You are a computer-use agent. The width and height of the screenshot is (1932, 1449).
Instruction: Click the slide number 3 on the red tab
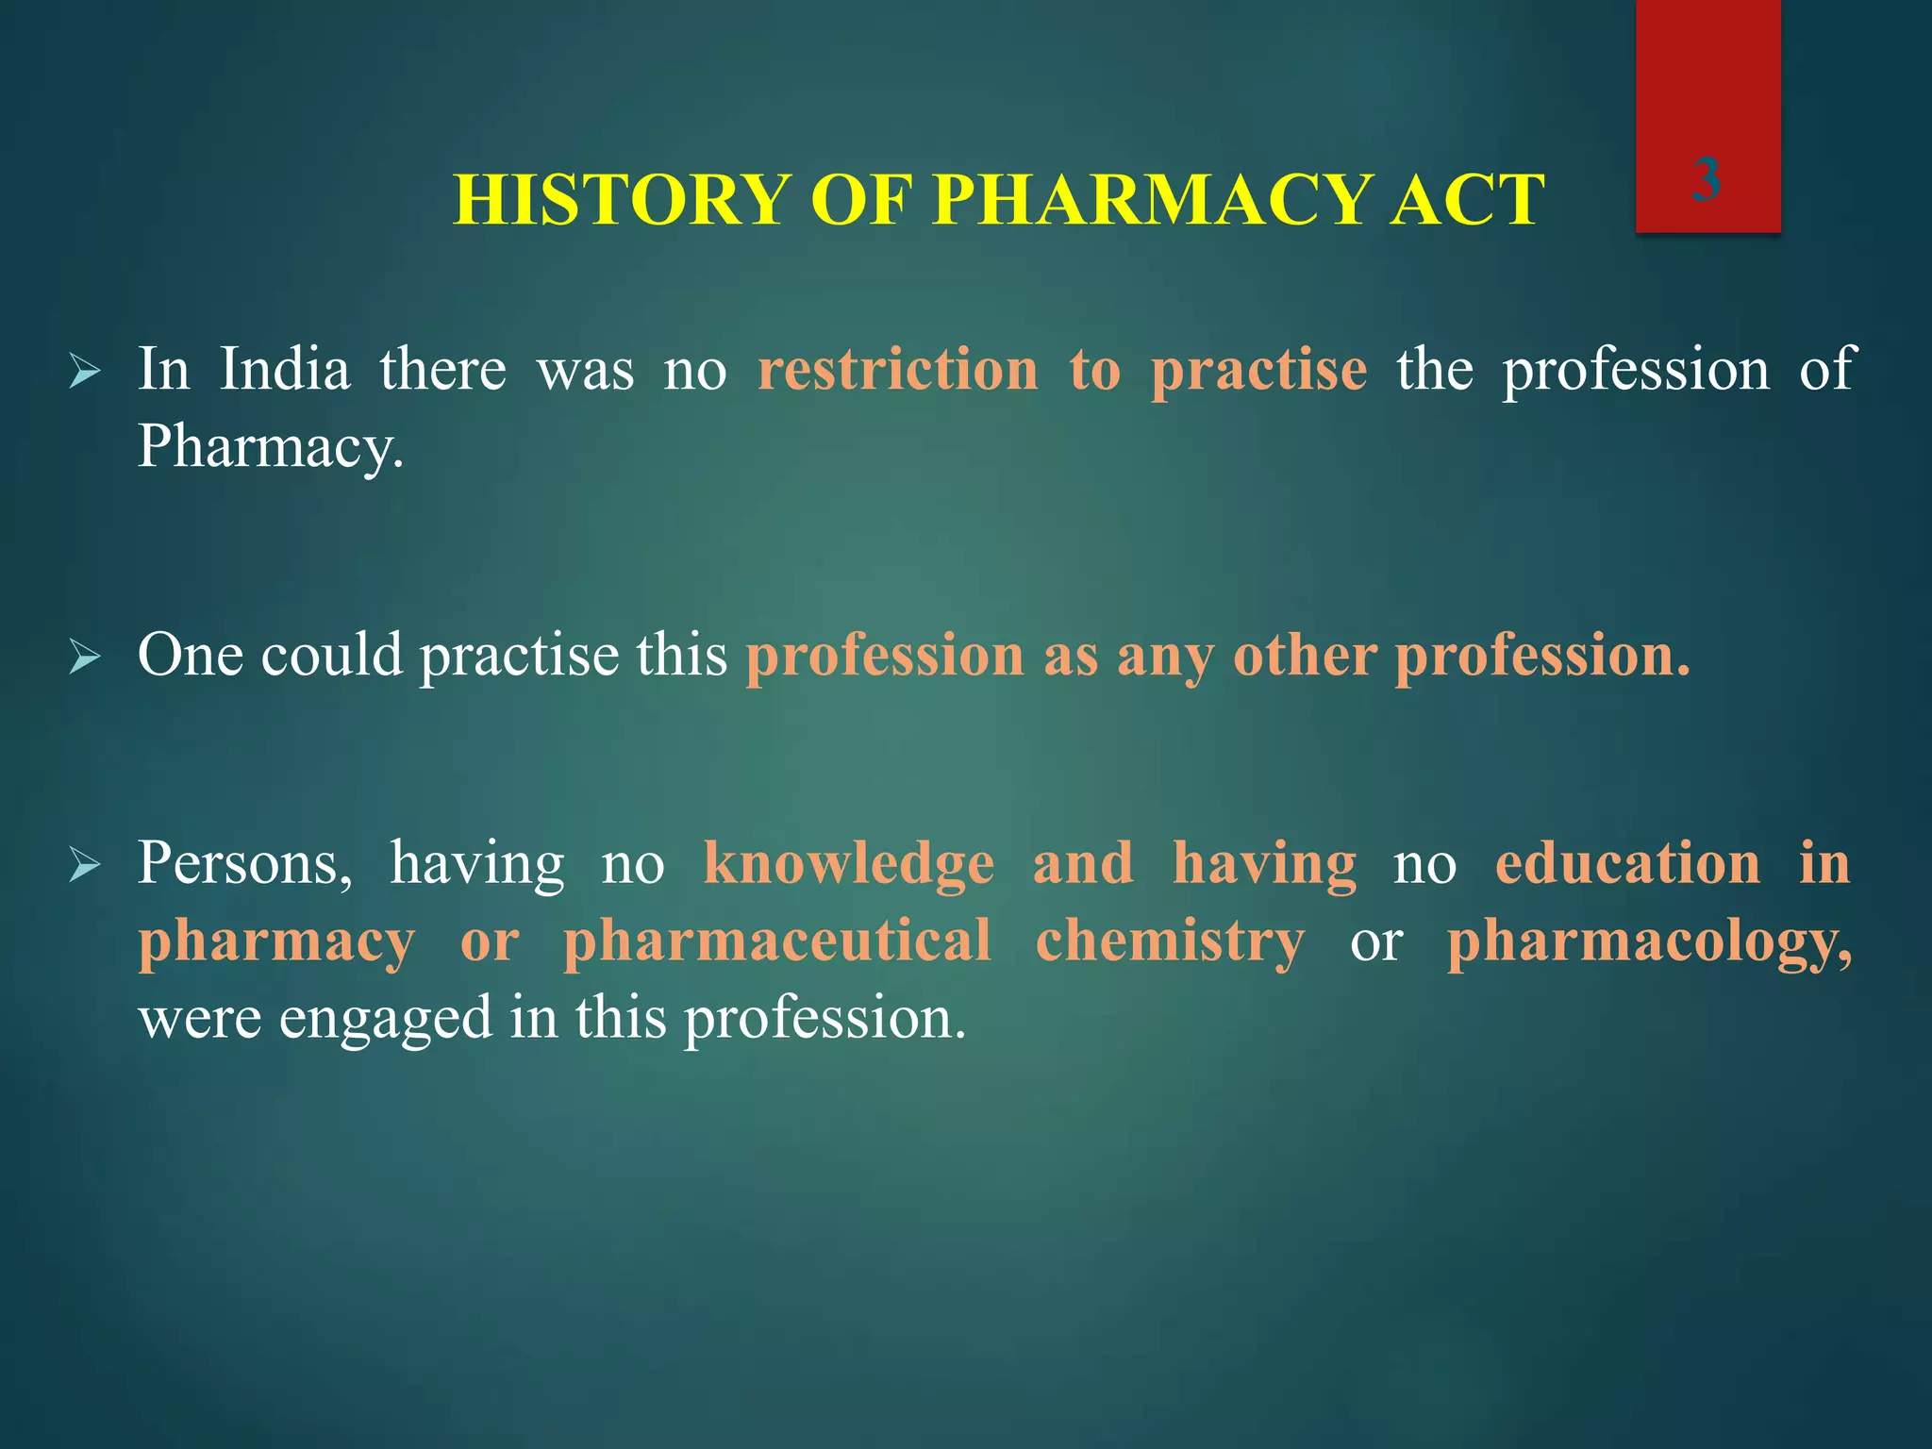[x=1706, y=179]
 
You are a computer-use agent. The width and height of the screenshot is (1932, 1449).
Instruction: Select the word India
[x=285, y=369]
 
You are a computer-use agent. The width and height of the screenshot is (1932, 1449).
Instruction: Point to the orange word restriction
[x=897, y=369]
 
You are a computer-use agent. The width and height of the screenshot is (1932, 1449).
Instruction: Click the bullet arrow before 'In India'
[x=85, y=374]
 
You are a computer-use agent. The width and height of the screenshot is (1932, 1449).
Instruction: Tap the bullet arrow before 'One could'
[x=85, y=658]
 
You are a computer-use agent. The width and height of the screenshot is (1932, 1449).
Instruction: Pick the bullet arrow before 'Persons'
[x=85, y=866]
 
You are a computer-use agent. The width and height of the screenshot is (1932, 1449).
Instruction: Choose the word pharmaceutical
[x=776, y=941]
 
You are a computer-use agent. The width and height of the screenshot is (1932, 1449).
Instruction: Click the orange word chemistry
[x=1170, y=941]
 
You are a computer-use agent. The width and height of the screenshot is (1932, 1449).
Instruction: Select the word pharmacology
[x=1649, y=941]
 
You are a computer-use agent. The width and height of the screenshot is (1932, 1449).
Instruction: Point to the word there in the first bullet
[x=443, y=369]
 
